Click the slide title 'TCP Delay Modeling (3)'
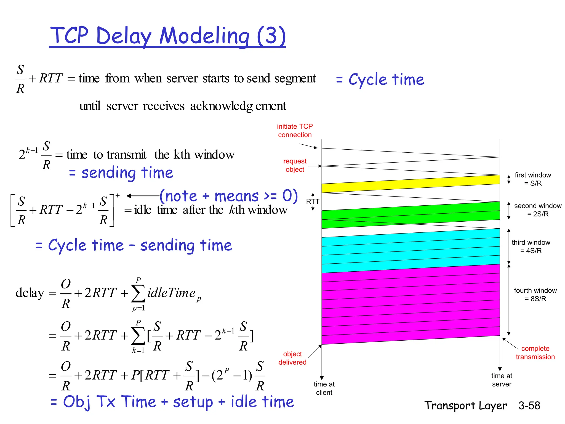167,36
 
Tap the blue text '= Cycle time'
380,80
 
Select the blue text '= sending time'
121,173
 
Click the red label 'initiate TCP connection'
295,131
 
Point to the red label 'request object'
295,165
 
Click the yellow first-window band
411,184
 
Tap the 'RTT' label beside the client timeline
313,202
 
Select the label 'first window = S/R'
532,179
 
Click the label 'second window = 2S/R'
537,210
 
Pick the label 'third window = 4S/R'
531,247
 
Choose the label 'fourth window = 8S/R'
535,295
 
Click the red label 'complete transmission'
535,353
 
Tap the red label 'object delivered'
292,358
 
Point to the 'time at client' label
324,388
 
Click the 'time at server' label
501,380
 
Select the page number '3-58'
529,406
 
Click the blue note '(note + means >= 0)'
228,196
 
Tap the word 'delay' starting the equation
30,293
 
